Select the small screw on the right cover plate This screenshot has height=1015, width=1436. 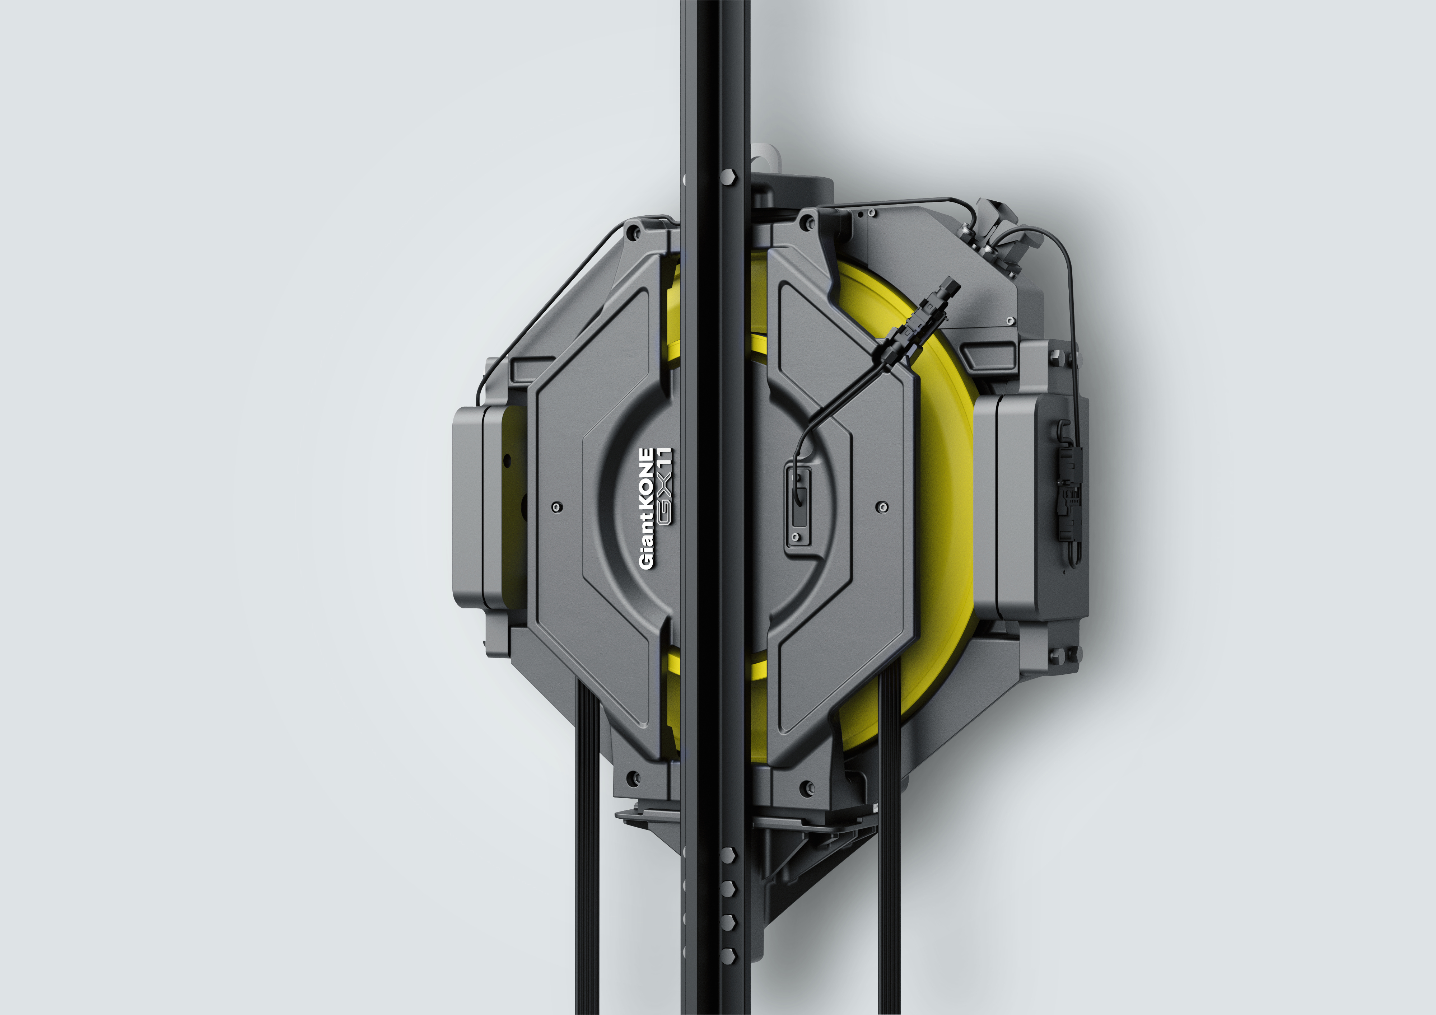[882, 506]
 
